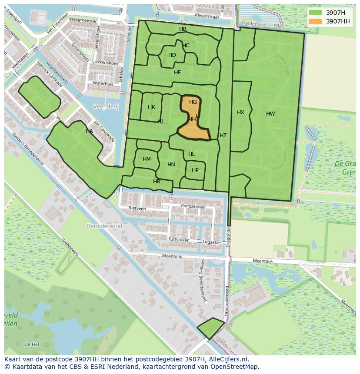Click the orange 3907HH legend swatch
[316, 21]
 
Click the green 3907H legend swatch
[316, 13]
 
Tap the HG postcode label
[193, 102]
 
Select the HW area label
[270, 114]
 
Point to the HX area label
[240, 113]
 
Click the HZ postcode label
[223, 136]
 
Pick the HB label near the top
[183, 29]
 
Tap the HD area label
[172, 55]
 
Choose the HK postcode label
[151, 107]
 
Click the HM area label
[147, 159]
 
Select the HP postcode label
[195, 170]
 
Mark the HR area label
[157, 182]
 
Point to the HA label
[89, 131]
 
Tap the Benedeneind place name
[105, 226]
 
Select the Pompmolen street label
[193, 206]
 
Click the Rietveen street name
[137, 209]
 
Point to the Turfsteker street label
[178, 239]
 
